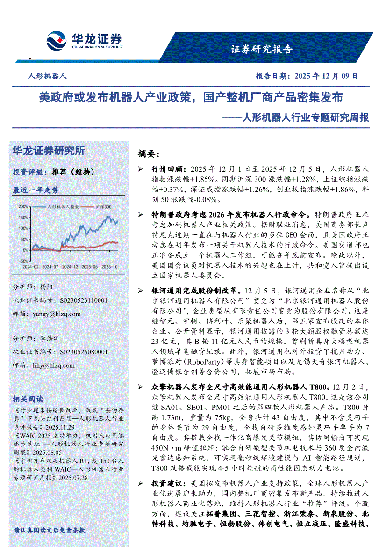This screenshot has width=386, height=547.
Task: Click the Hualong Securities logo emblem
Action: click(x=56, y=41)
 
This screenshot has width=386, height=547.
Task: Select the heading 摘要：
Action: click(x=149, y=153)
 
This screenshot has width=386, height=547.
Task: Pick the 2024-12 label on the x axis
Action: click(x=70, y=266)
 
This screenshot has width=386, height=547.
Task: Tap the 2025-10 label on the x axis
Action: click(x=109, y=266)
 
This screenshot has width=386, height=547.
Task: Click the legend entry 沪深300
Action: click(x=103, y=206)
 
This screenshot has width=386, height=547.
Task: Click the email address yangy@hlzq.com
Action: click(x=57, y=314)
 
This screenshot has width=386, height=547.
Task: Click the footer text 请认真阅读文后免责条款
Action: click(x=49, y=530)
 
